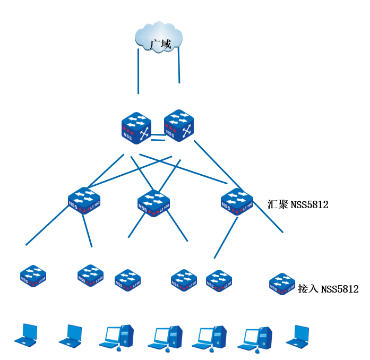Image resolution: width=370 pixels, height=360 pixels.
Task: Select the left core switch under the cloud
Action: [x=136, y=127]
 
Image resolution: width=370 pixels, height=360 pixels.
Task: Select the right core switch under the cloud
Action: [x=178, y=124]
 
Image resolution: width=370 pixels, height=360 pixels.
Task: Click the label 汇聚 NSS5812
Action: [x=298, y=204]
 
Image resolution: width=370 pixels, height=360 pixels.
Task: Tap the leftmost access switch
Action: [x=33, y=276]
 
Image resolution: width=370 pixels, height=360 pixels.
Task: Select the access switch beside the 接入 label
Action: [x=282, y=284]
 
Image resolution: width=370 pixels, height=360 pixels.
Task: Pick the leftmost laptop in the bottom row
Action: [x=26, y=335]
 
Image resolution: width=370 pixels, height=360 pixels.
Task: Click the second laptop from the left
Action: [x=71, y=335]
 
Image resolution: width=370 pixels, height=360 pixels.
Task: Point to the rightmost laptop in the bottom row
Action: [x=297, y=336]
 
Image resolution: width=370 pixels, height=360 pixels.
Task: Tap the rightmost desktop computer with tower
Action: [x=259, y=339]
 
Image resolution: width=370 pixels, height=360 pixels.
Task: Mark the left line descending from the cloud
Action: [x=138, y=72]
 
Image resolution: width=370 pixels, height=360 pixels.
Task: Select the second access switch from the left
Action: [x=90, y=276]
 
